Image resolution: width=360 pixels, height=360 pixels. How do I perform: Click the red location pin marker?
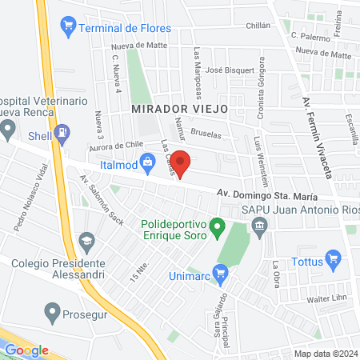(x=181, y=164)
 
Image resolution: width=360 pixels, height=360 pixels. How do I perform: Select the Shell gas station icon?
(x=62, y=135)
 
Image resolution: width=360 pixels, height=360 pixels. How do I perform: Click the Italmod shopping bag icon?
(x=147, y=163)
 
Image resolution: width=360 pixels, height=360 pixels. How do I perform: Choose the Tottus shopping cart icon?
(x=334, y=258)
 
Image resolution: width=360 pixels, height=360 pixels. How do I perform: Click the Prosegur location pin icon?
(x=54, y=310)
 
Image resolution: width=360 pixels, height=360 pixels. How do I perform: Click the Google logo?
(x=27, y=349)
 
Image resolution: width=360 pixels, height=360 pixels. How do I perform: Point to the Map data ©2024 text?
(x=325, y=353)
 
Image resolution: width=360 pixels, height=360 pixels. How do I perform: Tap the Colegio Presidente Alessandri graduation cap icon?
(x=86, y=239)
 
